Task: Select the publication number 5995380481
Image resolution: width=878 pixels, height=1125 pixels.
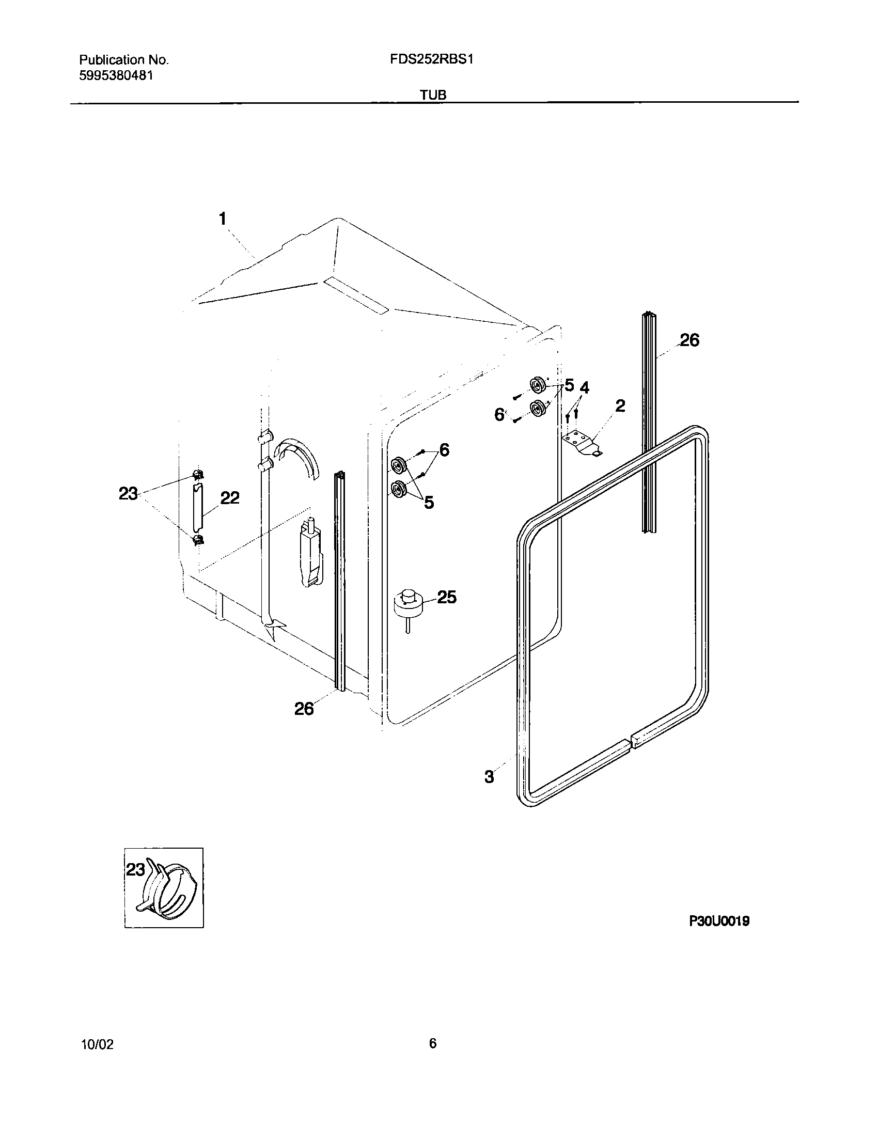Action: pyautogui.click(x=116, y=75)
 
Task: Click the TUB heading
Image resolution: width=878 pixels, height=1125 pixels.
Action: pyautogui.click(x=433, y=95)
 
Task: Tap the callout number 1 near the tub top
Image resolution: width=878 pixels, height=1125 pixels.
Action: pyautogui.click(x=223, y=219)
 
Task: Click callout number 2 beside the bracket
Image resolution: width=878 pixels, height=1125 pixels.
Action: pyautogui.click(x=620, y=405)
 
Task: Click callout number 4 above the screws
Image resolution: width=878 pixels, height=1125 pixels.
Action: pyautogui.click(x=584, y=387)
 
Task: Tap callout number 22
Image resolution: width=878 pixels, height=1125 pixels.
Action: pyautogui.click(x=230, y=498)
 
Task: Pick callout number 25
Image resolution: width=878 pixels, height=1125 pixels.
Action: pyautogui.click(x=447, y=597)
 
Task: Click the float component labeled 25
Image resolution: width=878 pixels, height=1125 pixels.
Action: pyautogui.click(x=409, y=605)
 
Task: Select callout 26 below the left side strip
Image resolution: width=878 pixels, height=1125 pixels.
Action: pyautogui.click(x=304, y=709)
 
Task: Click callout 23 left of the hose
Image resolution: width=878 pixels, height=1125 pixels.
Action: pyautogui.click(x=128, y=494)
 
